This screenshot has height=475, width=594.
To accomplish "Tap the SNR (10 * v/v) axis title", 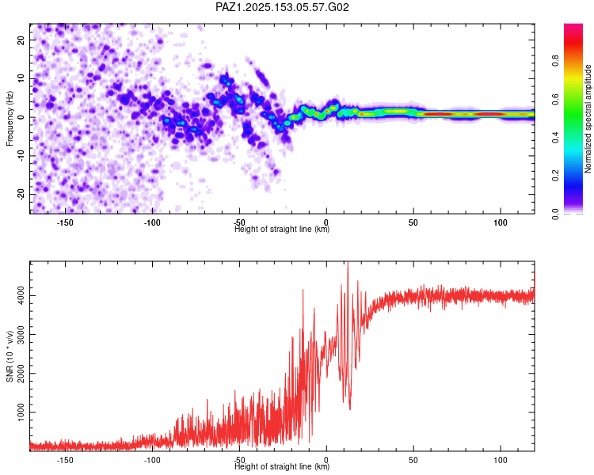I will [10, 355].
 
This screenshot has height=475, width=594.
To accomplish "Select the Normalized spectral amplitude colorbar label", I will [588, 120].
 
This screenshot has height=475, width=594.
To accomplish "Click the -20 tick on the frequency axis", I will [20, 194].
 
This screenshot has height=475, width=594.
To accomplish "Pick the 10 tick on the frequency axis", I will [21, 78].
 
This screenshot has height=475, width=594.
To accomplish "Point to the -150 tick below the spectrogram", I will [65, 222].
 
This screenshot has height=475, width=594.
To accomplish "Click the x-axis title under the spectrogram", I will [282, 230].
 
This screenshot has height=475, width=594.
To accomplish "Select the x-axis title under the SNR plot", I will [282, 467].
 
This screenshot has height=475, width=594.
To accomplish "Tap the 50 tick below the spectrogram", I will [413, 222].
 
